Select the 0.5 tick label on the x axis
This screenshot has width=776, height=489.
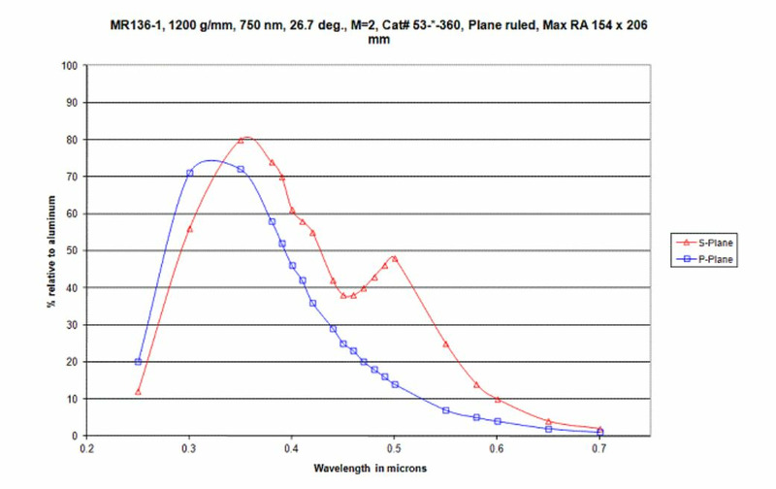point(394,449)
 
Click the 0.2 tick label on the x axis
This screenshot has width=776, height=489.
point(87,449)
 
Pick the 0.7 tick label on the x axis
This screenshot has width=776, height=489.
point(599,449)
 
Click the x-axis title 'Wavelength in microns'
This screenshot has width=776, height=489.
point(370,468)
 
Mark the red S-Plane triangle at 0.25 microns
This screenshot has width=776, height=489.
point(139,392)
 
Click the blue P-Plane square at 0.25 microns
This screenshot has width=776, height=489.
point(139,362)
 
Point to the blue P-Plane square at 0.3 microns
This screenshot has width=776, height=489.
point(190,174)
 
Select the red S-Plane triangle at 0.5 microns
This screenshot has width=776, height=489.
point(395,258)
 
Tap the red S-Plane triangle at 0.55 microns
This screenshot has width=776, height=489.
point(446,343)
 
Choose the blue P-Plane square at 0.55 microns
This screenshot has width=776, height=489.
point(446,410)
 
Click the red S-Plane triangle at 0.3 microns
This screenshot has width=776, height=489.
point(190,229)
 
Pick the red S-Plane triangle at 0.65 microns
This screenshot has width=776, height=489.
point(549,421)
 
